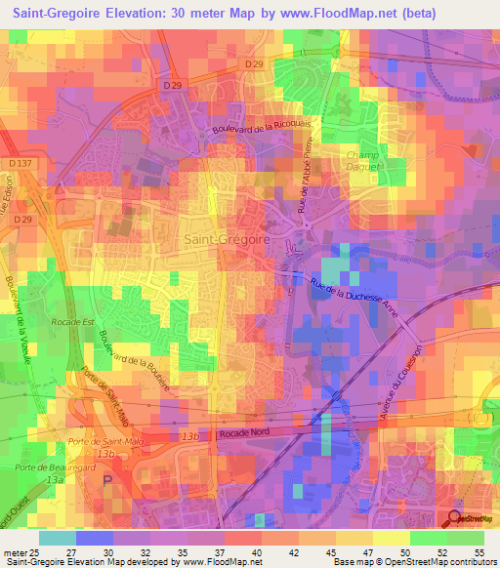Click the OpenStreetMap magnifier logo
455,518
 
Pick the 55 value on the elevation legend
479,552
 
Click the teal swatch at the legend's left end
57,538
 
